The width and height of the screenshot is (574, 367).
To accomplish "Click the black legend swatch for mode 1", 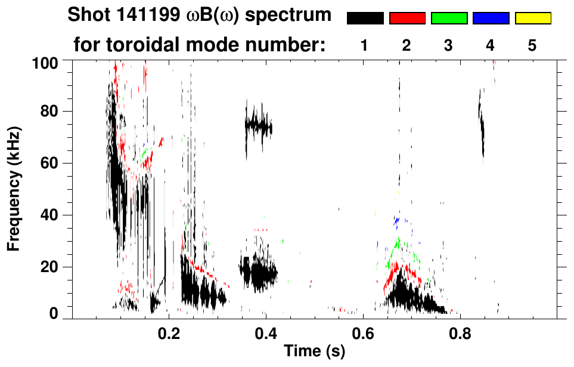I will [365, 18].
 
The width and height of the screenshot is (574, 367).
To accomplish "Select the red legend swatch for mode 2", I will [407, 18].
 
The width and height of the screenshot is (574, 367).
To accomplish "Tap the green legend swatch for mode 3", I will [449, 18].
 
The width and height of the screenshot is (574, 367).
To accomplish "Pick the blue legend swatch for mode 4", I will [491, 18].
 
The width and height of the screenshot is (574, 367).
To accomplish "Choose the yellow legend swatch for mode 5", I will [532, 18].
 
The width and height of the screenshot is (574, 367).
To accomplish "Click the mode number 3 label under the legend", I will [448, 47].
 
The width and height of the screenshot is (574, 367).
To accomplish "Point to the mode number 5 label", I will [532, 47].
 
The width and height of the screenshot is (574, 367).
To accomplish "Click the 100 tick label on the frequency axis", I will [45, 62].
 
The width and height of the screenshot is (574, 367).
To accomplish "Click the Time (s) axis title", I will [314, 351].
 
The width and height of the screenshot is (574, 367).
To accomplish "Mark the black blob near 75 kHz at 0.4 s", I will [259, 127].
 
